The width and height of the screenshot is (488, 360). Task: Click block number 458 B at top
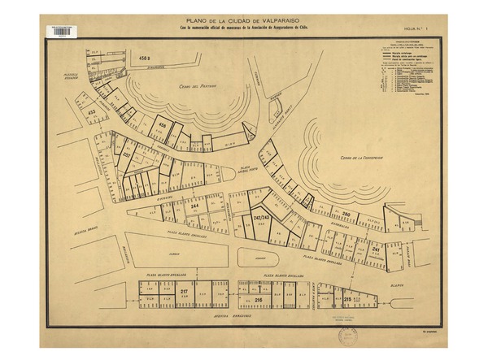click(146, 59)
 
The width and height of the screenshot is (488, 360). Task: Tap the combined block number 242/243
click(262, 219)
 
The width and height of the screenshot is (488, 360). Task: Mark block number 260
click(345, 214)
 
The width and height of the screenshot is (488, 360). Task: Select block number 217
click(184, 291)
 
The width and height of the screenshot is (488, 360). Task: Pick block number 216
click(259, 301)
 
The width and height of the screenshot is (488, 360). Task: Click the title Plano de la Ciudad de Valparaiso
click(242, 21)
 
